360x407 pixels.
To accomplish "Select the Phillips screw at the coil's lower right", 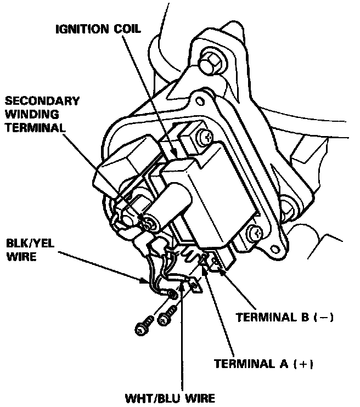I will (x=254, y=233).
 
